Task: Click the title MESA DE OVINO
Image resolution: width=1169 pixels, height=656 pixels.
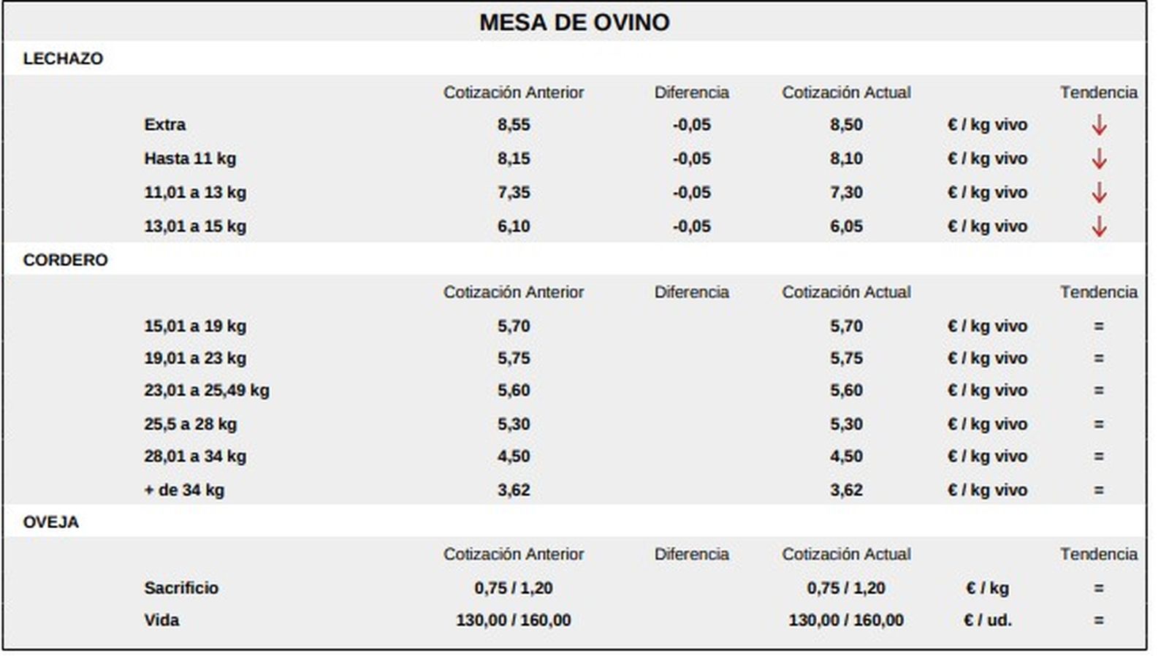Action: point(574,23)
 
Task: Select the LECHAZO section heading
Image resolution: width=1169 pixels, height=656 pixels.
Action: point(63,58)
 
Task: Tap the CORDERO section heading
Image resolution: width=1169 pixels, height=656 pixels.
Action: point(65,260)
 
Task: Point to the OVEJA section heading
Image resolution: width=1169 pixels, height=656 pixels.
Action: point(50,522)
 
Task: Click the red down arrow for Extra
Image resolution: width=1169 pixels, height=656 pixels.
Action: point(1098,125)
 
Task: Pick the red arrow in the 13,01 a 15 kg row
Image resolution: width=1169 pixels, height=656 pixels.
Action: point(1098,226)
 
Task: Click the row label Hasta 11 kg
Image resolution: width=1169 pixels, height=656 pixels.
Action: point(190,159)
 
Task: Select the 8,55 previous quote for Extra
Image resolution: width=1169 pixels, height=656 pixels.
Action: point(514,125)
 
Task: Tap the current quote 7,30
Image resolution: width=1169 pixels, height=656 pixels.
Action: point(846,193)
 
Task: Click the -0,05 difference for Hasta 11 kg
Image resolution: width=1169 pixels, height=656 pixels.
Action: point(691,159)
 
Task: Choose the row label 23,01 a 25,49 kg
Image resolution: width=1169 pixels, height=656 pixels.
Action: point(207,390)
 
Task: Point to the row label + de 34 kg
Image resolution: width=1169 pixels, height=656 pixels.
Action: point(184,489)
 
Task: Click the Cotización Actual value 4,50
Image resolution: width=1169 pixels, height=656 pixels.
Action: point(846,456)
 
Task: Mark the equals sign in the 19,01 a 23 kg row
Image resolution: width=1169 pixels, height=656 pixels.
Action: point(1098,358)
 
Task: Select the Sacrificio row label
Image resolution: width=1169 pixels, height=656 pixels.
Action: point(181,587)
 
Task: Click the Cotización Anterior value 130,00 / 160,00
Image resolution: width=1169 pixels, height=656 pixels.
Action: point(514,620)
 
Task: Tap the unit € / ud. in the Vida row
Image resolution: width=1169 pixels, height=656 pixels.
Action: point(987,620)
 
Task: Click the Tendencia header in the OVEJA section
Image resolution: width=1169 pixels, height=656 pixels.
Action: point(1098,554)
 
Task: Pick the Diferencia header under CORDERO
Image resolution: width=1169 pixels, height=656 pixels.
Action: point(691,292)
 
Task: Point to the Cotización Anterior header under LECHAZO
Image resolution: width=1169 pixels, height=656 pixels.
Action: point(514,93)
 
